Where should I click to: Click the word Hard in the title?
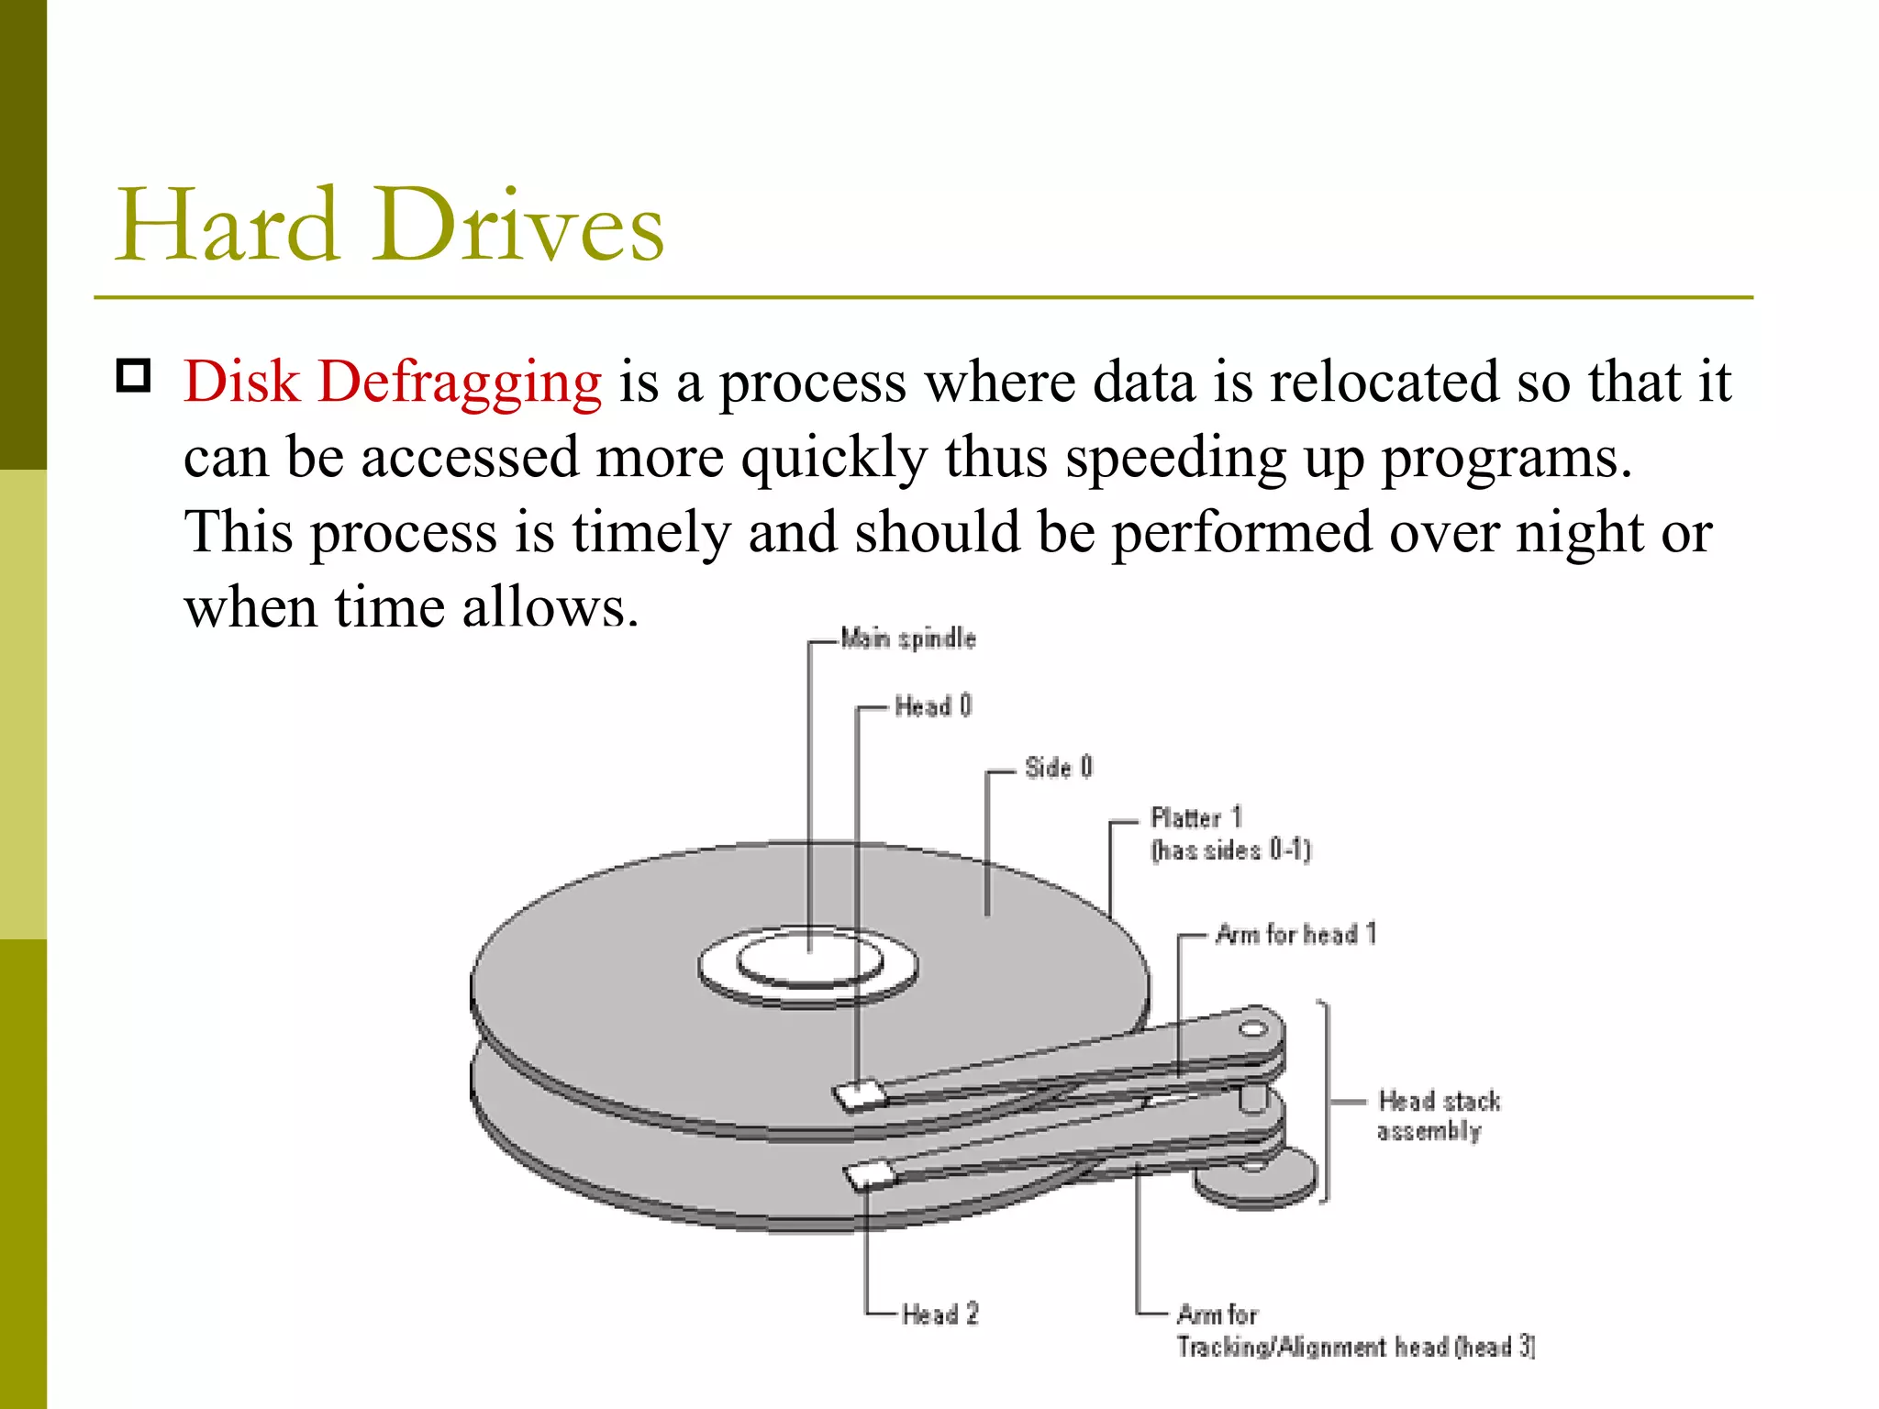tap(227, 225)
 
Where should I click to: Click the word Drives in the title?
tap(517, 225)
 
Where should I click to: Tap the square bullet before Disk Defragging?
tap(134, 376)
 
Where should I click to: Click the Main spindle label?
tap(907, 638)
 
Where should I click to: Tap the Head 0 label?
tap(932, 706)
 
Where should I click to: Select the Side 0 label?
tap(1058, 767)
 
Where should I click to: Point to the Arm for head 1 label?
tap(1295, 935)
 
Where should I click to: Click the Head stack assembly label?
tap(1437, 1115)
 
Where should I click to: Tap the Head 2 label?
tap(939, 1314)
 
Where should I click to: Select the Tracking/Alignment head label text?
tap(1354, 1347)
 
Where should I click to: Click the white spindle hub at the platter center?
tap(808, 960)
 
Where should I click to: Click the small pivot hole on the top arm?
tap(1252, 1028)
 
